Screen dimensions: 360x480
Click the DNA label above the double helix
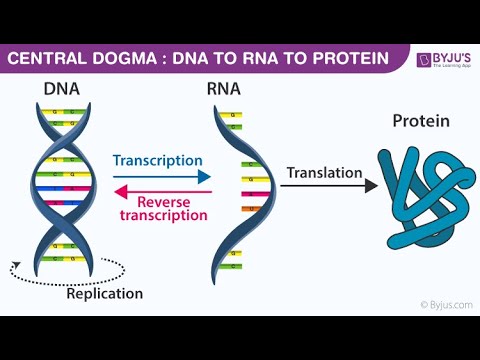[63, 89]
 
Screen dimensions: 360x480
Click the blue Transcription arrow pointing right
[161, 177]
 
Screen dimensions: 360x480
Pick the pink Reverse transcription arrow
[160, 193]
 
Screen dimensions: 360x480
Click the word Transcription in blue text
[158, 160]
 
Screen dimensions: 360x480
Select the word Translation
[323, 172]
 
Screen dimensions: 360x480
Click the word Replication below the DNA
[105, 294]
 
